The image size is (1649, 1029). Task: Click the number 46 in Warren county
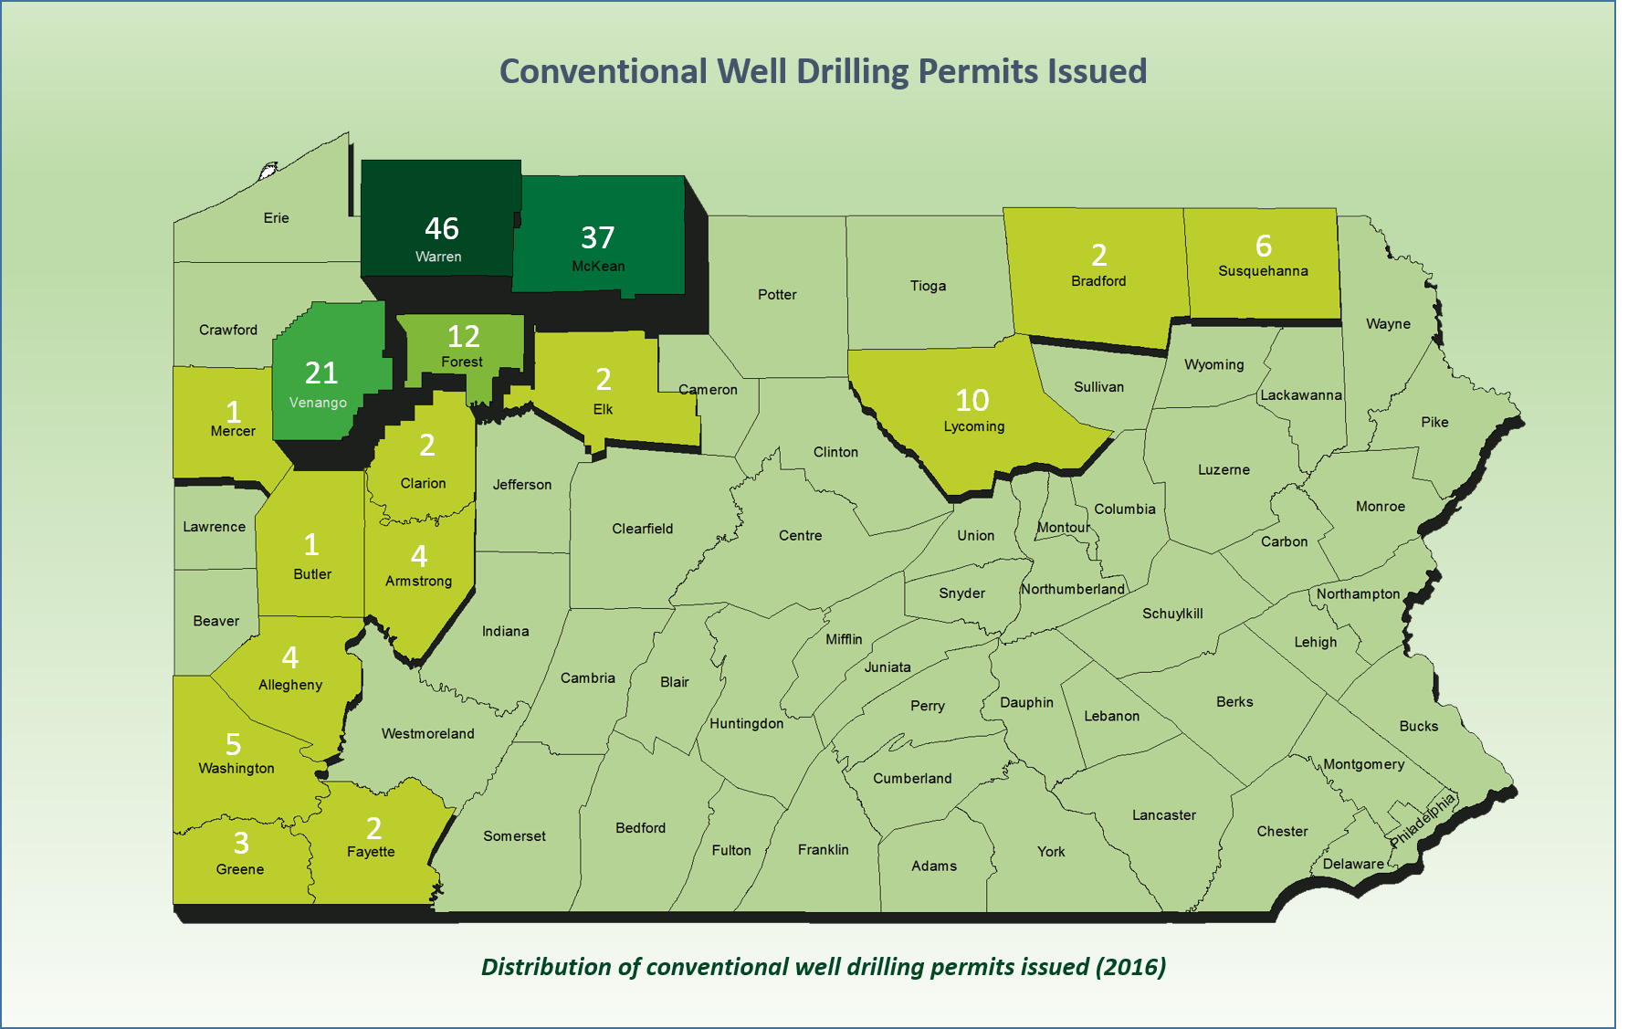(x=442, y=228)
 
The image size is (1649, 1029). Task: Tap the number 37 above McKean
(x=598, y=238)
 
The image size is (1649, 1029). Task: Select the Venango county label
(x=318, y=403)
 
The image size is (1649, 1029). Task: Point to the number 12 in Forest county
(x=464, y=337)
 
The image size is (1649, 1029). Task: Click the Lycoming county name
(x=974, y=426)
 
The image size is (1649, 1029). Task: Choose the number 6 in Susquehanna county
(x=1264, y=246)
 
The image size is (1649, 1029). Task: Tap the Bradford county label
(x=1098, y=281)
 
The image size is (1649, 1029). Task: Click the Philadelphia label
(x=1422, y=820)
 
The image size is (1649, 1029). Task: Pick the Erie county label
(x=276, y=218)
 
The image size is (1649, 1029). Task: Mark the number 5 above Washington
(x=234, y=744)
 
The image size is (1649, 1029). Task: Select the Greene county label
(x=240, y=869)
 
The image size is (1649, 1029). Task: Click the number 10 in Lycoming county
(x=972, y=400)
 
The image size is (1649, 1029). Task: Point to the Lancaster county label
(x=1163, y=815)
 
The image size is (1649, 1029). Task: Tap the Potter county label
(x=777, y=295)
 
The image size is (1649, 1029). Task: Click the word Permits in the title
(x=969, y=72)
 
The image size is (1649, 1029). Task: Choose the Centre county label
(x=800, y=536)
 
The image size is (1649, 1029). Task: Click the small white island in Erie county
(x=268, y=170)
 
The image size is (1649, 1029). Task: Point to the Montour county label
(x=1064, y=528)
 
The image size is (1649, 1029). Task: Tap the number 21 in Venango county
(x=321, y=373)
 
